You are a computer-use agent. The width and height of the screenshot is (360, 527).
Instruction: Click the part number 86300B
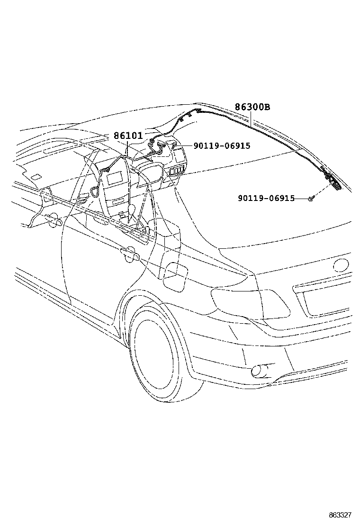point(252,108)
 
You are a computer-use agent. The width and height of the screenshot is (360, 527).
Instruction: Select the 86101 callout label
point(128,136)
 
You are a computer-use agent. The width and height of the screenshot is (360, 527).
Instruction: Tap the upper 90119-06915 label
point(221,146)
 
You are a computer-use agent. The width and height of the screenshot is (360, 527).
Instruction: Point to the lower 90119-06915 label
point(266,198)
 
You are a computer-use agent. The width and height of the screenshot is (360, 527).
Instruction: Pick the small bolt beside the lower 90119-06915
point(311,199)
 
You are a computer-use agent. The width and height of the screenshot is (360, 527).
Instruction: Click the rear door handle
point(129,255)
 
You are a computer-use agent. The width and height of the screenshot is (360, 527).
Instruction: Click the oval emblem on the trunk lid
point(342,265)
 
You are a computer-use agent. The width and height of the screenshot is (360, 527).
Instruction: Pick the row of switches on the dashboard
point(177,171)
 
